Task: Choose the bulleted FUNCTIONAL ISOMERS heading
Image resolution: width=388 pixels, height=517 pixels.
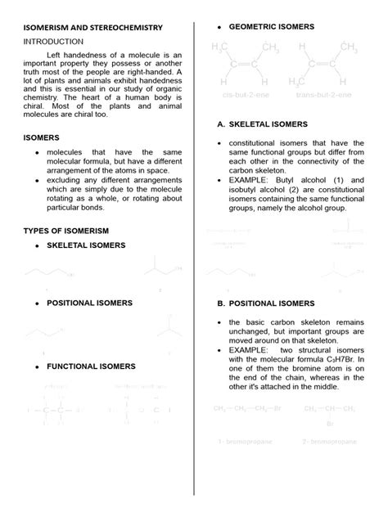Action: (x=91, y=366)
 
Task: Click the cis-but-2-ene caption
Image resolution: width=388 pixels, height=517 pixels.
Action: (x=246, y=95)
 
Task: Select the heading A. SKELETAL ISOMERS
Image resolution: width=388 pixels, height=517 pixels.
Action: (x=262, y=124)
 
